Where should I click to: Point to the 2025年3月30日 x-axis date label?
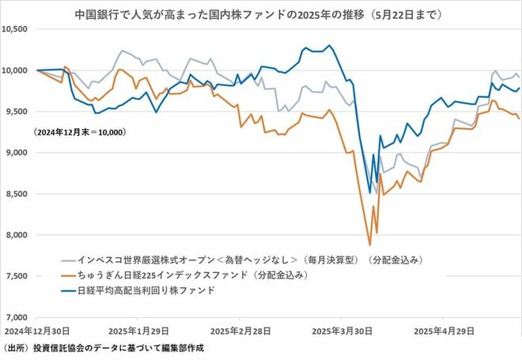click(x=339, y=329)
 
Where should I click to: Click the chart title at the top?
click(x=260, y=13)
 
